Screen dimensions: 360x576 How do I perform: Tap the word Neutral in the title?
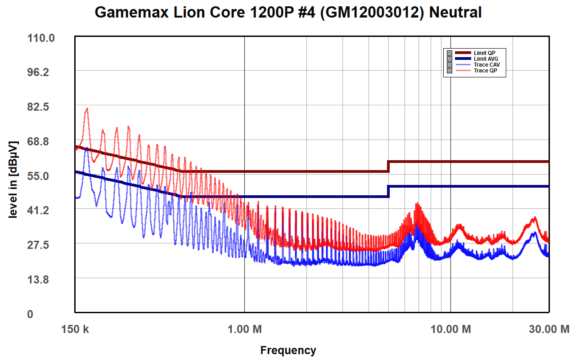pos(455,13)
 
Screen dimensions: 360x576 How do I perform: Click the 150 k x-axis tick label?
pos(75,329)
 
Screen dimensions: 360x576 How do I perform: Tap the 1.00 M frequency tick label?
pos(244,329)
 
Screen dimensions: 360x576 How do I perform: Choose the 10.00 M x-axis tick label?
pos(450,329)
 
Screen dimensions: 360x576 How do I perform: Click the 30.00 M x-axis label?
pos(549,329)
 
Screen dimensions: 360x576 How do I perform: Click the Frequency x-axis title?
pos(288,350)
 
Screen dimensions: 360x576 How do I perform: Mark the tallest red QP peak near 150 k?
pos(87,109)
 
